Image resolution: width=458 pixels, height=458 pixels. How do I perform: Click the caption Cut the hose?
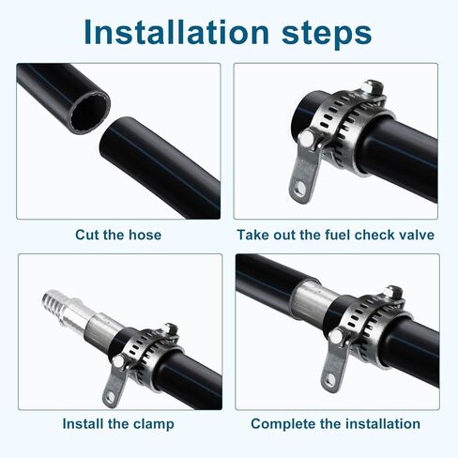(x=118, y=235)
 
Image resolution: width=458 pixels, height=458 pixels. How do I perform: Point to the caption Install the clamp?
(x=118, y=423)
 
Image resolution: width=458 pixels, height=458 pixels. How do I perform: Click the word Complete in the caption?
(x=282, y=423)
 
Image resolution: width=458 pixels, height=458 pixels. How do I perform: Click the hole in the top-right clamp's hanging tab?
(x=299, y=187)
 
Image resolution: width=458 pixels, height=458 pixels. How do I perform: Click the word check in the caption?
(x=374, y=235)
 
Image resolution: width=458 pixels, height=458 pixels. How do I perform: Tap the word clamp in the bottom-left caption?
(x=153, y=423)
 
